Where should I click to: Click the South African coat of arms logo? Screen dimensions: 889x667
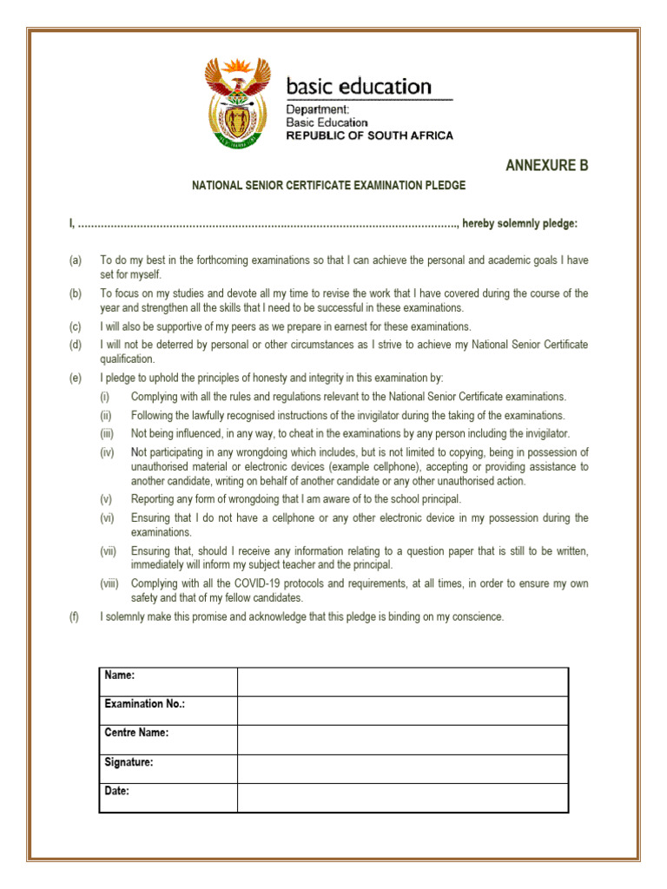[234, 102]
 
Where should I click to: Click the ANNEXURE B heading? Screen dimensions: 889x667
[546, 166]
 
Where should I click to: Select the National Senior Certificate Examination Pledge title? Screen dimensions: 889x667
[328, 185]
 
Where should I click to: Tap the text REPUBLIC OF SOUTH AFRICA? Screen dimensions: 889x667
[369, 136]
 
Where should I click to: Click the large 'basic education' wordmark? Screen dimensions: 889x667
[359, 87]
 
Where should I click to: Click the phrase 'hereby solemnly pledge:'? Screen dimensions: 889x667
[519, 224]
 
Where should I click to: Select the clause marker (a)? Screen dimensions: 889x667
[76, 260]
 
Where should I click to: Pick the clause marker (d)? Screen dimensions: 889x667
[76, 345]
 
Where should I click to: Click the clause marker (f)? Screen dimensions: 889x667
[76, 617]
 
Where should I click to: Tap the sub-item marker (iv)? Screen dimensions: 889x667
[107, 452]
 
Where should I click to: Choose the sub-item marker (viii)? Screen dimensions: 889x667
[109, 583]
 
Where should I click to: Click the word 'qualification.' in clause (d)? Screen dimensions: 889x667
[128, 359]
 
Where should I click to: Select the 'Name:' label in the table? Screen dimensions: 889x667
[120, 675]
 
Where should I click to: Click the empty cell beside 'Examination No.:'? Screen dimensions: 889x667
[402, 710]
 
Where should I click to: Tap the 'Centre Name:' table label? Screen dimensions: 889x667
[136, 733]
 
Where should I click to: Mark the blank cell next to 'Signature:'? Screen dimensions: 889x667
[402, 768]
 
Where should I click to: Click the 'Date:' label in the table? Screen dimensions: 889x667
[117, 791]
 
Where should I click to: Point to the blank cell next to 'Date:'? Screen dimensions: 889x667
[402, 798]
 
